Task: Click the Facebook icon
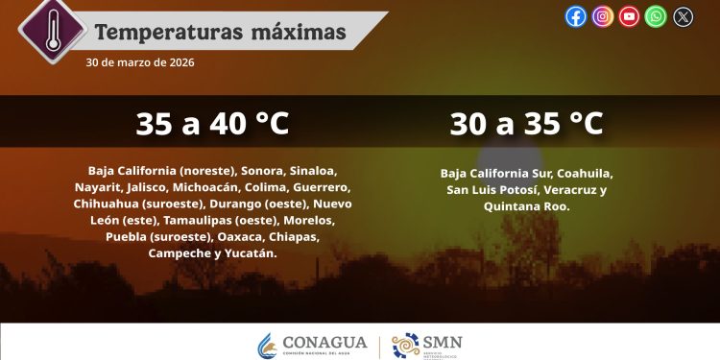point(576,16)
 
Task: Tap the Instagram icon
point(603,16)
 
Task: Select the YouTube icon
point(630,16)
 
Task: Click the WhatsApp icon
point(656,16)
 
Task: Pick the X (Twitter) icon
point(683,16)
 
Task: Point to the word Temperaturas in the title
point(159,33)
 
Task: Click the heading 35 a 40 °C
point(212,124)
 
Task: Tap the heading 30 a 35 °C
point(526,124)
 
